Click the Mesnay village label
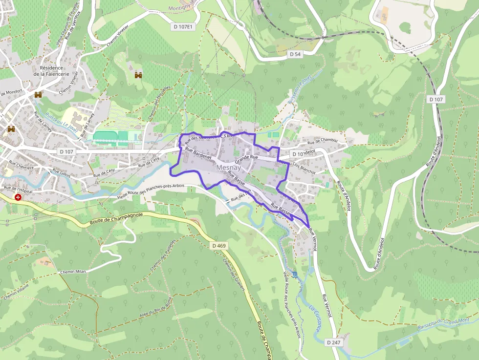coord(228,168)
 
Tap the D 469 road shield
coord(219,245)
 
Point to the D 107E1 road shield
coord(183,27)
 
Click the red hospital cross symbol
coord(18,197)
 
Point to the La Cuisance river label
coord(315,318)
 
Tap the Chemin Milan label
coord(73,272)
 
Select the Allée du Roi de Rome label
coord(155,308)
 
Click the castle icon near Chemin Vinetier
coord(138,75)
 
